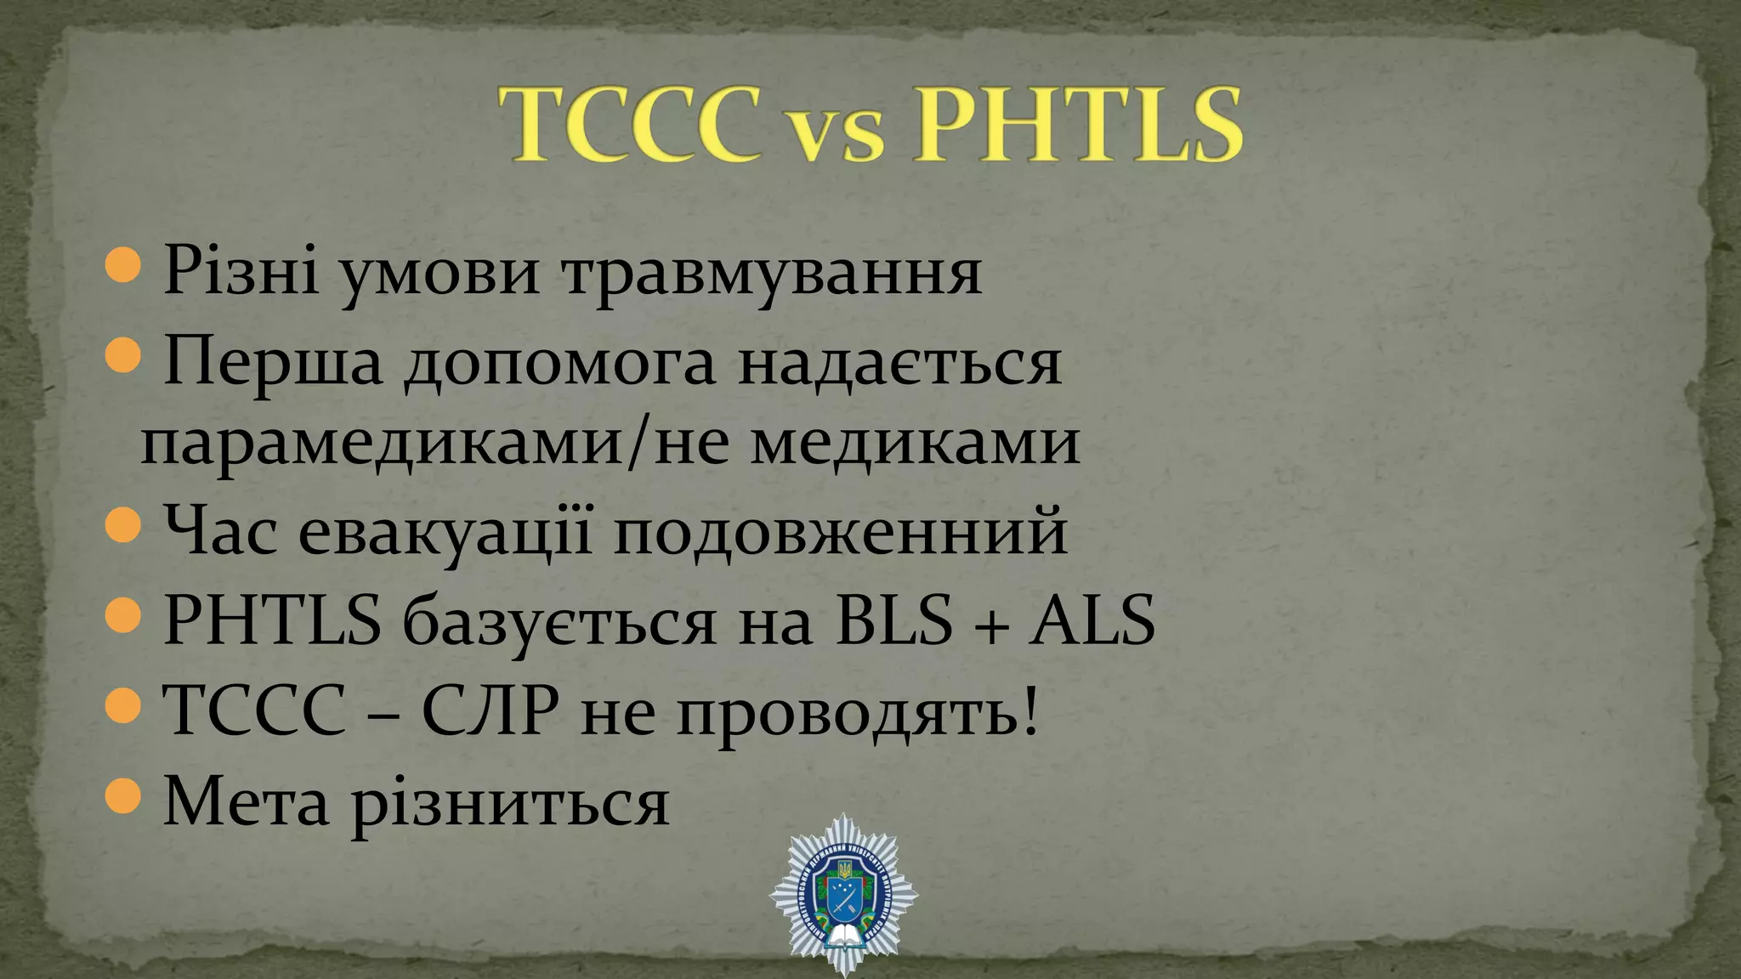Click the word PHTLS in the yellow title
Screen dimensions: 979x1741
(x=1078, y=125)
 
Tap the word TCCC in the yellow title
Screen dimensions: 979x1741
(x=631, y=125)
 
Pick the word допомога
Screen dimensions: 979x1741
(x=559, y=364)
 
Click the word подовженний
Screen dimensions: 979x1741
(x=840, y=531)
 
